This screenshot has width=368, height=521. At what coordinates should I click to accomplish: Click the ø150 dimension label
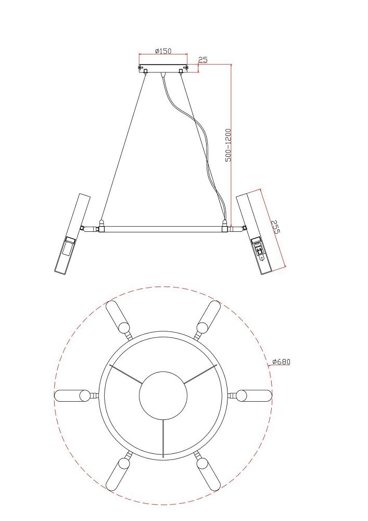pos(163,51)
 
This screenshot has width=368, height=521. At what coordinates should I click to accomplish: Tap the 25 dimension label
pos(203,60)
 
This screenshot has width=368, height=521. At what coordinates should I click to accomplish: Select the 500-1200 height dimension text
pos(229,145)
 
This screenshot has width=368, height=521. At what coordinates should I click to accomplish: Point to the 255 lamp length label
pos(275,226)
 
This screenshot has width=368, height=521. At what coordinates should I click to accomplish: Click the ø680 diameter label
pos(281,362)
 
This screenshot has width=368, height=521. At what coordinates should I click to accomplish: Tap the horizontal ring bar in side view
pos(163,229)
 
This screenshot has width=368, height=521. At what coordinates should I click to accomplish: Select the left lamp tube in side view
pos(73,234)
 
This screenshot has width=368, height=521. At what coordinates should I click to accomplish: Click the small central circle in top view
pos(163,395)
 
